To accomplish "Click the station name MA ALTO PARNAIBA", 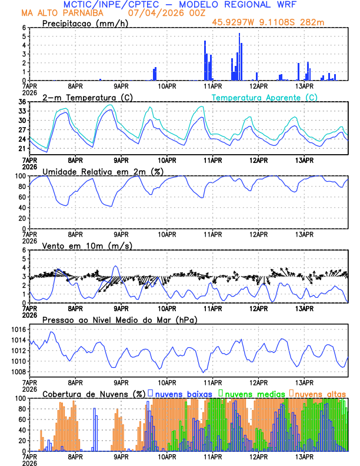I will click(58, 13).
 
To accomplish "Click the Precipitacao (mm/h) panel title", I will click(84, 23).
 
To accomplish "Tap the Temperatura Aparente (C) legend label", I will click(264, 97).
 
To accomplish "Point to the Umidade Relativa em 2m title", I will click(102, 171).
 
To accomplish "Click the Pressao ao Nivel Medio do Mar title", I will click(119, 319).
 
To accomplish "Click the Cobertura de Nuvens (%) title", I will click(94, 394).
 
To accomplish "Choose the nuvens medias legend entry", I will click(251, 394).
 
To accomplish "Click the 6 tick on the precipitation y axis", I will click(24, 28).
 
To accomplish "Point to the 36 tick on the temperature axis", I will click(22, 102).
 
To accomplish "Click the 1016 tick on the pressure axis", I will click(18, 329).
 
